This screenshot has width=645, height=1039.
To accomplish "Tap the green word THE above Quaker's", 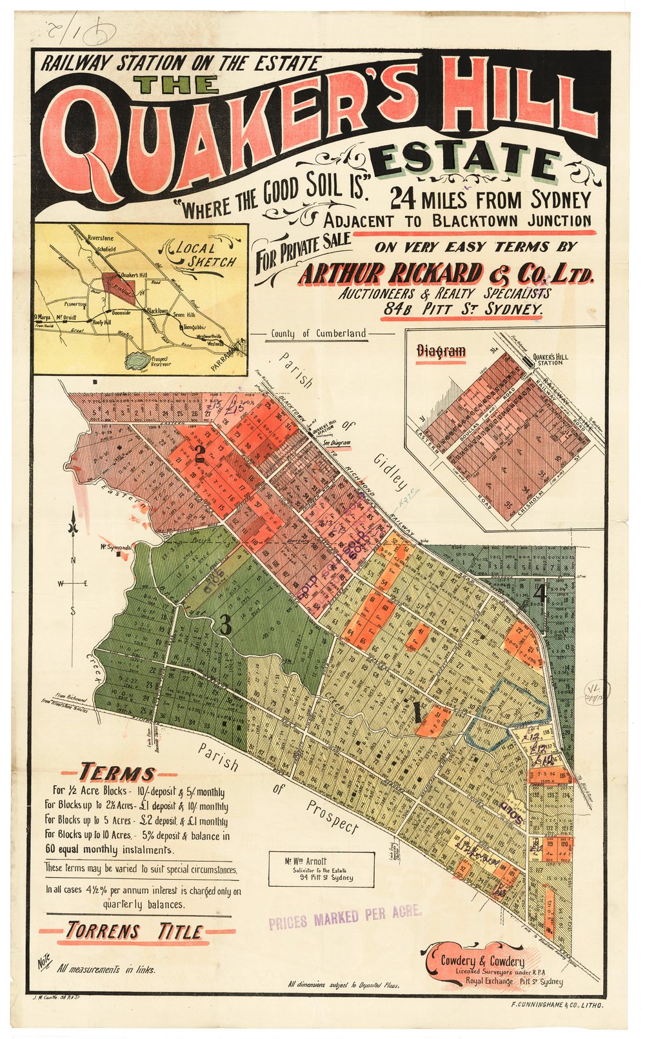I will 177,85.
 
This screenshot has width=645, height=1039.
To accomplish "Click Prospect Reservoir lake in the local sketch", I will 138,362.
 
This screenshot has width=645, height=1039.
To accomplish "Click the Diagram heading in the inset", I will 441,351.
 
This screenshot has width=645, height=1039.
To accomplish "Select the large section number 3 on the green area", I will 224,624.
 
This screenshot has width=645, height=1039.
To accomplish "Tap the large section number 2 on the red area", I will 200,455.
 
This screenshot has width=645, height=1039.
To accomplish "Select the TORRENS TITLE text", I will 134,931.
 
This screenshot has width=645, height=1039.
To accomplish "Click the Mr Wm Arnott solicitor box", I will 322,869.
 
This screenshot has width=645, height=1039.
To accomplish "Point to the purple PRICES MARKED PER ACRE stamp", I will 345,915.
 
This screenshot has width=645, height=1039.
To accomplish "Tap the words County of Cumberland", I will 319,333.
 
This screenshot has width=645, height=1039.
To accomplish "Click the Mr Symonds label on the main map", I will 115,548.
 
